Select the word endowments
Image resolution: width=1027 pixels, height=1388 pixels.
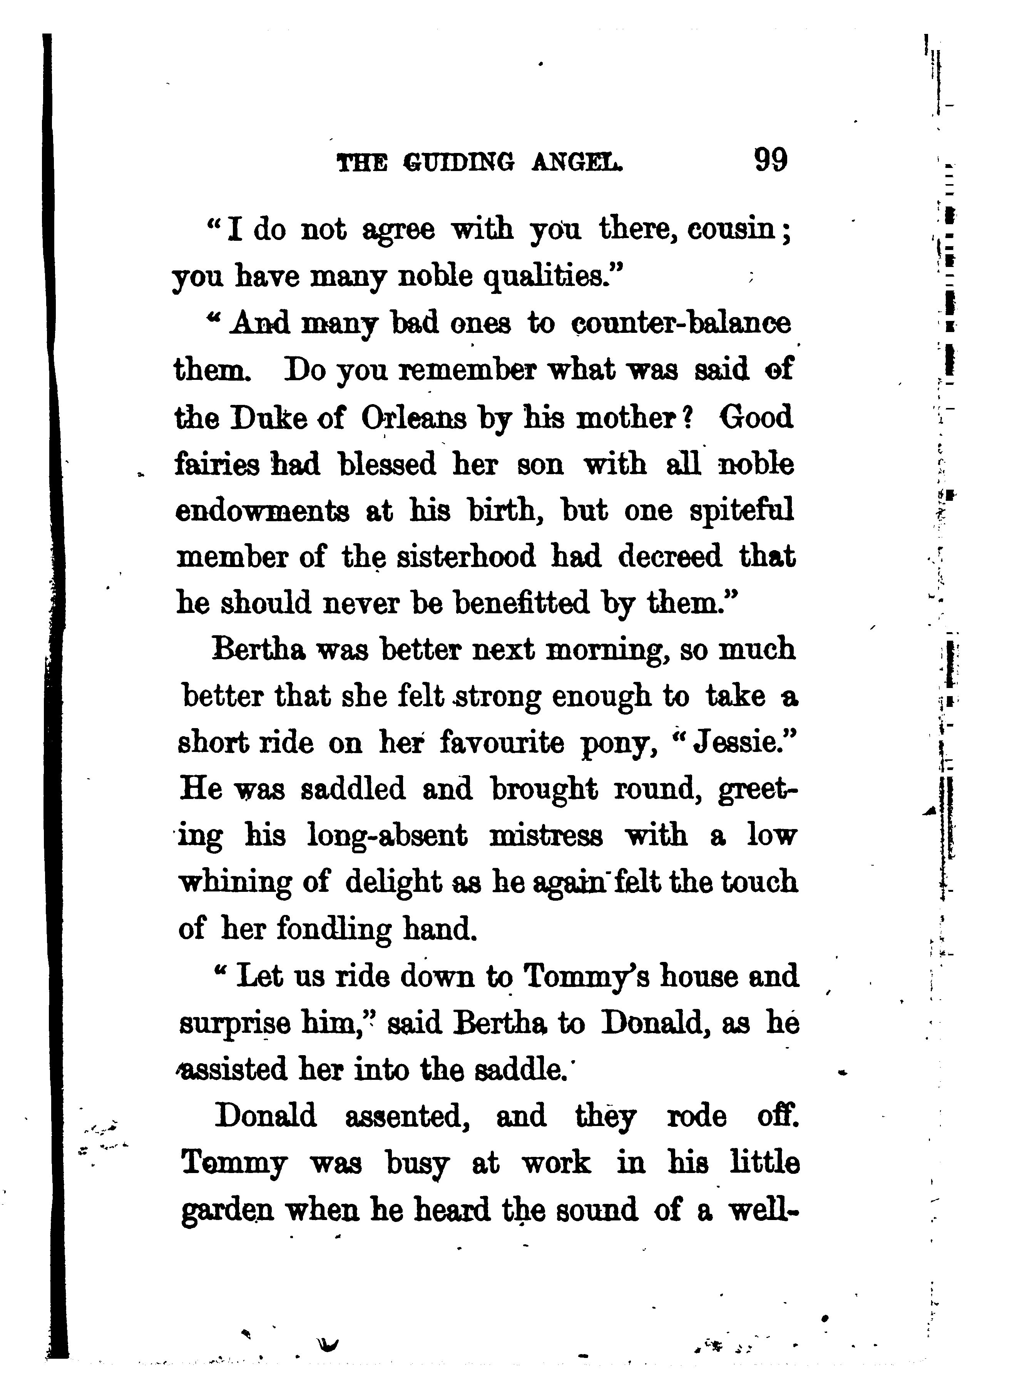[x=263, y=511]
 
